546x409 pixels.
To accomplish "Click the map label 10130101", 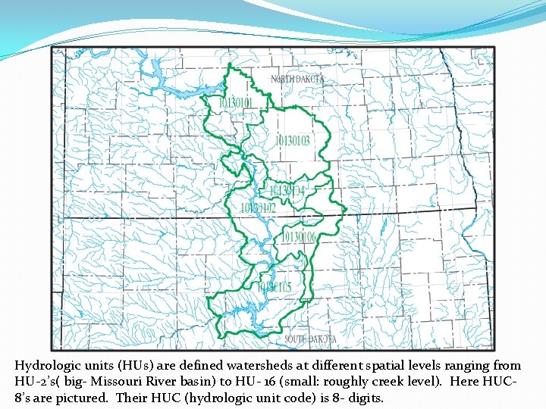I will click(236, 101).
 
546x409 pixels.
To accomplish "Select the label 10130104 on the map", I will click(287, 190).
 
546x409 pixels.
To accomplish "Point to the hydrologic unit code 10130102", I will click(258, 207).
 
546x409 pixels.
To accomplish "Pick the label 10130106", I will click(299, 238).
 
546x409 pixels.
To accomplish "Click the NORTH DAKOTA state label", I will click(298, 79).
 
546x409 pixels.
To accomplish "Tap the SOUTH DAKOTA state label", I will click(312, 339).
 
